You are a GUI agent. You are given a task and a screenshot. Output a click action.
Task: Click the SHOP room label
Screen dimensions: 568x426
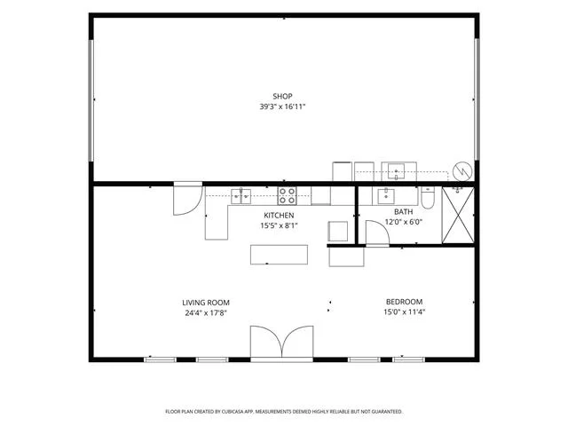pyautogui.click(x=282, y=97)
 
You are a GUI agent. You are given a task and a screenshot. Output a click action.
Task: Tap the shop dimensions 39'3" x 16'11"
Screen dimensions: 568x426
pyautogui.click(x=282, y=106)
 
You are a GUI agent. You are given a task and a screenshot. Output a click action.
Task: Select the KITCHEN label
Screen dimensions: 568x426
pyautogui.click(x=279, y=215)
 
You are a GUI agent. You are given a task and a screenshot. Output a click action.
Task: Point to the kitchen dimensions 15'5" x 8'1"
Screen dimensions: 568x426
pyautogui.click(x=279, y=225)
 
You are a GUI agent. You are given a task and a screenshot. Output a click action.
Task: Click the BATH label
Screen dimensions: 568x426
pyautogui.click(x=404, y=211)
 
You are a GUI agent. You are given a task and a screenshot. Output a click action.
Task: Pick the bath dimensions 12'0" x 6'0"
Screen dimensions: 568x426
pyautogui.click(x=404, y=222)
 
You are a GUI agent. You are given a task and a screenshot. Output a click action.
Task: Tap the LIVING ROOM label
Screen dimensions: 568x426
pyautogui.click(x=206, y=303)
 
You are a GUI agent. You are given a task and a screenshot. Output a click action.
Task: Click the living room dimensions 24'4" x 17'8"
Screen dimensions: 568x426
pyautogui.click(x=206, y=313)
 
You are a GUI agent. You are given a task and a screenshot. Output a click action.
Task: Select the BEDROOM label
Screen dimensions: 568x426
pyautogui.click(x=405, y=302)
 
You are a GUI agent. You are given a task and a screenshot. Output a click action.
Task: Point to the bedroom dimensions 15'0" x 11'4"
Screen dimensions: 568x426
pyautogui.click(x=405, y=312)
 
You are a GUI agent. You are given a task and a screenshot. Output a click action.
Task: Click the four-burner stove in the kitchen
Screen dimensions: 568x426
pyautogui.click(x=287, y=196)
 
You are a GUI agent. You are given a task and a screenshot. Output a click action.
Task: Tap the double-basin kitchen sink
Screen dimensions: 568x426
pyautogui.click(x=241, y=196)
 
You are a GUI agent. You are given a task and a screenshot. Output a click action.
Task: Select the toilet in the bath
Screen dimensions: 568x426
pyautogui.click(x=428, y=198)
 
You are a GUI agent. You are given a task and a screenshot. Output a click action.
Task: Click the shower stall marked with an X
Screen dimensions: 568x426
pyautogui.click(x=458, y=215)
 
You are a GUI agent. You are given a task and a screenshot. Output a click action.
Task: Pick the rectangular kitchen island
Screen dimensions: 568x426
pyautogui.click(x=279, y=255)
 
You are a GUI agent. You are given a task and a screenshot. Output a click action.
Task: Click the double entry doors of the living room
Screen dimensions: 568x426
pyautogui.click(x=282, y=343)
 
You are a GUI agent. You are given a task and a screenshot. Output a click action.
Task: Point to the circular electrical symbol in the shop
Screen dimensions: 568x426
pyautogui.click(x=462, y=171)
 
